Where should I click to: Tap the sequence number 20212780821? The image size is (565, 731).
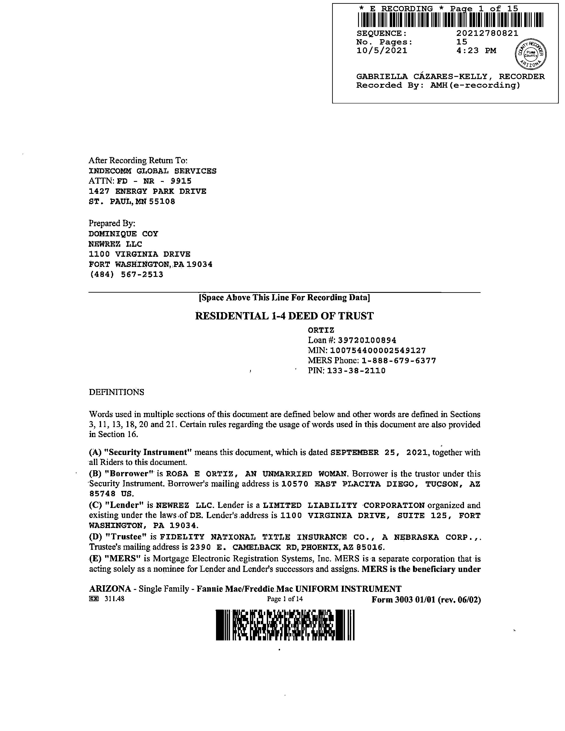click(487, 33)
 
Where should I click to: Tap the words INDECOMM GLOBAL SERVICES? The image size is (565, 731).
click(152, 171)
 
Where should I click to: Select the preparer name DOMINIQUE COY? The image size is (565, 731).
click(123, 234)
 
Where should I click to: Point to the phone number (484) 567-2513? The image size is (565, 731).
click(126, 274)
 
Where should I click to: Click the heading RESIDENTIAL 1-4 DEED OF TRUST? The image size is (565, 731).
click(284, 316)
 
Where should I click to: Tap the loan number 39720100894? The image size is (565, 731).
click(367, 340)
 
